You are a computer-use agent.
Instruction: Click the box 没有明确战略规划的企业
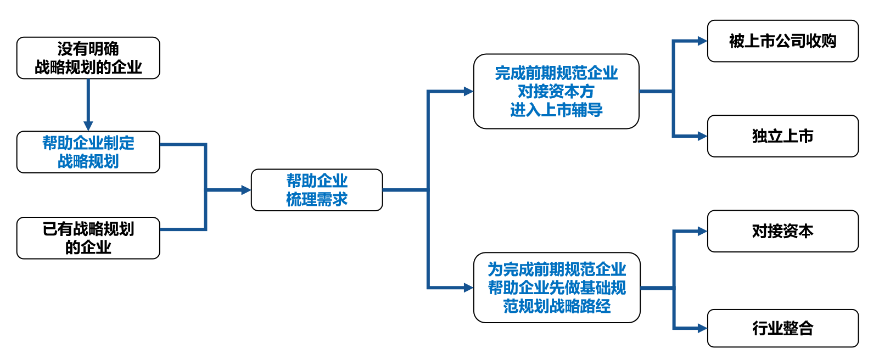pyautogui.click(x=88, y=58)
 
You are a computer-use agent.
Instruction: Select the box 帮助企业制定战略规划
pyautogui.click(x=88, y=152)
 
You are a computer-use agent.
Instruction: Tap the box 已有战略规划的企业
pyautogui.click(x=88, y=238)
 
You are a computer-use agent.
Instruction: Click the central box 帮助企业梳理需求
pyautogui.click(x=316, y=190)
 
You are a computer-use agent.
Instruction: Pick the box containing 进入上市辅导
pyautogui.click(x=556, y=91)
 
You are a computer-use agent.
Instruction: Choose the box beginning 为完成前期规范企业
pyautogui.click(x=556, y=288)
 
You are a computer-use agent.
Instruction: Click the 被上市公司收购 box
pyautogui.click(x=782, y=41)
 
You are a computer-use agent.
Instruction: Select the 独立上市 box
pyautogui.click(x=782, y=136)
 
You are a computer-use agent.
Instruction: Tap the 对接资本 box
pyautogui.click(x=782, y=231)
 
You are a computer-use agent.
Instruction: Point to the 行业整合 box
pyautogui.click(x=782, y=328)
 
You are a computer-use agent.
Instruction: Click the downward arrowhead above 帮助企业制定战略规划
pyautogui.click(x=88, y=126)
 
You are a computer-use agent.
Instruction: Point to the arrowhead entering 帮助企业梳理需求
pyautogui.click(x=245, y=190)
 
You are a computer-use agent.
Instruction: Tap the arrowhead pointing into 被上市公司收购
pyautogui.click(x=702, y=41)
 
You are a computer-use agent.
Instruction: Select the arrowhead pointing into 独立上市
pyautogui.click(x=702, y=136)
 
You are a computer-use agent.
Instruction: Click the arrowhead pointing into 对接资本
pyautogui.click(x=702, y=231)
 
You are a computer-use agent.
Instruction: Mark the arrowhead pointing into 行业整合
pyautogui.click(x=702, y=328)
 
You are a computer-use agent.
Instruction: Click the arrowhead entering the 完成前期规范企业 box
pyautogui.click(x=468, y=92)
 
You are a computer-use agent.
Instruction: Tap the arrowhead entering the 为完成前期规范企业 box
pyautogui.click(x=468, y=288)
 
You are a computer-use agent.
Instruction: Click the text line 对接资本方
pyautogui.click(x=556, y=91)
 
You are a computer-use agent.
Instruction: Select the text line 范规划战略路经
pyautogui.click(x=556, y=306)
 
